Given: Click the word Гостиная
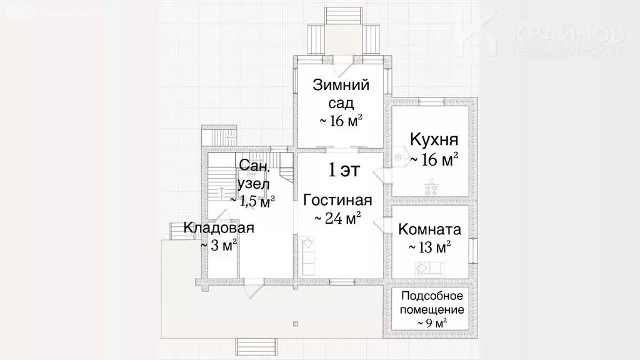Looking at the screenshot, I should [337, 201].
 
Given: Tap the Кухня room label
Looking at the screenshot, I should [434, 139].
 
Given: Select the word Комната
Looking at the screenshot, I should [430, 229].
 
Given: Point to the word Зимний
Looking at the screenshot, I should [340, 86].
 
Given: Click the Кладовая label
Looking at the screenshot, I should [219, 228].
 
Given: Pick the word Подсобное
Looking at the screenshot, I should [432, 296].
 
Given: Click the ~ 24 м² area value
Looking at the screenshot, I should [338, 219].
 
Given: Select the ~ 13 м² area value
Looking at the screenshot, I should [430, 247].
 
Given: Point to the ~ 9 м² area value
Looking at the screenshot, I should [432, 322].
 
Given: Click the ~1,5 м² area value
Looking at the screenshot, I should [253, 201].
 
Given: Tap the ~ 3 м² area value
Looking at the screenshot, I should [219, 246].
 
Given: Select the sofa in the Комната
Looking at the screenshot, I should [430, 269].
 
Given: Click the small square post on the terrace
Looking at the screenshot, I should [296, 324].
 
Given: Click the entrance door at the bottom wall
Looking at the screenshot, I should [252, 288].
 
